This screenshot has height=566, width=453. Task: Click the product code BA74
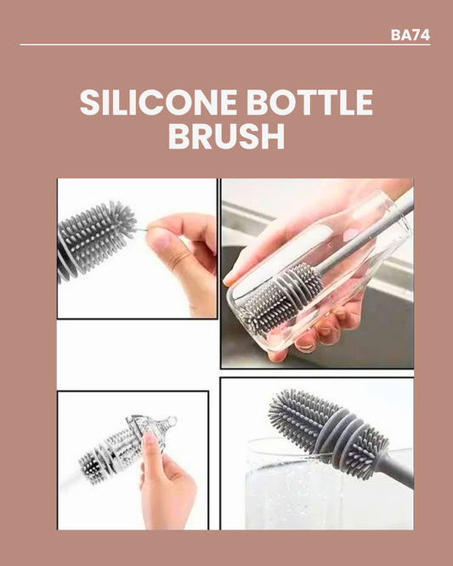pyautogui.click(x=410, y=35)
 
